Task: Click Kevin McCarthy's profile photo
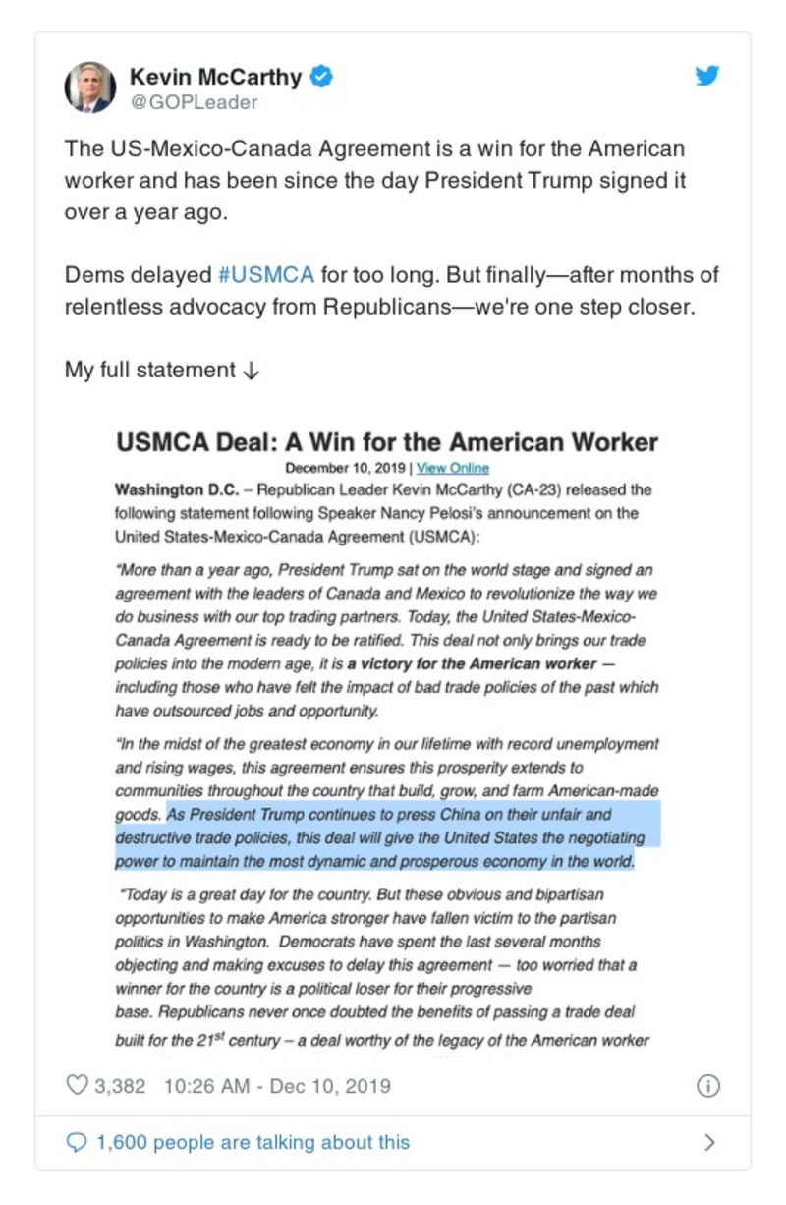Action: [x=89, y=86]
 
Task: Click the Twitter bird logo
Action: [x=707, y=76]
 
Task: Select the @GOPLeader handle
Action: [x=194, y=102]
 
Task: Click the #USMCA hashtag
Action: [x=266, y=275]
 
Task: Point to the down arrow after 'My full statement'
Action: [x=251, y=371]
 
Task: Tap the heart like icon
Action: [x=77, y=1086]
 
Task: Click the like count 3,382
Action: [x=120, y=1086]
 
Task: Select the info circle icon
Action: [x=707, y=1086]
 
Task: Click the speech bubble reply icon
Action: [x=77, y=1142]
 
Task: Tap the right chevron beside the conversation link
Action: [x=709, y=1142]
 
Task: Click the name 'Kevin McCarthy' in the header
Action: [x=216, y=76]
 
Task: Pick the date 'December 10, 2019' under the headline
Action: [x=346, y=468]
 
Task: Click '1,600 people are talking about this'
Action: [x=253, y=1142]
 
